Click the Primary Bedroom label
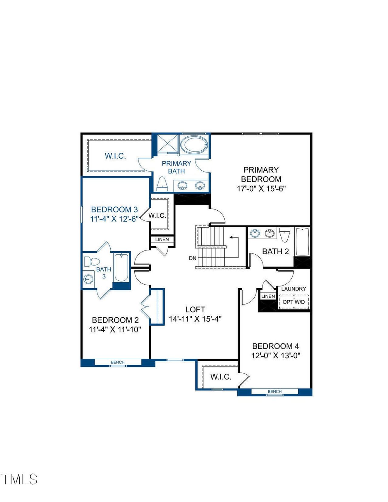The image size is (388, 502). point(261,174)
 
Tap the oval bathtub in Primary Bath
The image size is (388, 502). point(194,145)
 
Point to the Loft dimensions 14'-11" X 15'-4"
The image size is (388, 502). point(195,319)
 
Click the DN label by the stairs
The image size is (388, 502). point(192,258)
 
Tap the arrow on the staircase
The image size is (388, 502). point(233,237)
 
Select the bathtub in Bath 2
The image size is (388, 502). point(302,242)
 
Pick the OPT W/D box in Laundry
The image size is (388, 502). point(294,302)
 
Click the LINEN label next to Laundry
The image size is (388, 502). point(268,296)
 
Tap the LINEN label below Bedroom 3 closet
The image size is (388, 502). point(162,239)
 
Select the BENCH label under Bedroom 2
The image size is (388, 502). point(118,362)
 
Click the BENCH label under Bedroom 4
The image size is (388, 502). point(275,392)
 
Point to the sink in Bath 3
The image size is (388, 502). point(88,278)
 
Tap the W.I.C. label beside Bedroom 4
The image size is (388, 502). point(221,377)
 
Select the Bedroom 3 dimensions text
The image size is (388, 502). point(115,219)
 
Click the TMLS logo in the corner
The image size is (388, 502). point(19,479)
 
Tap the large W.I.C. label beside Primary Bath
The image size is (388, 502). point(115,156)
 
